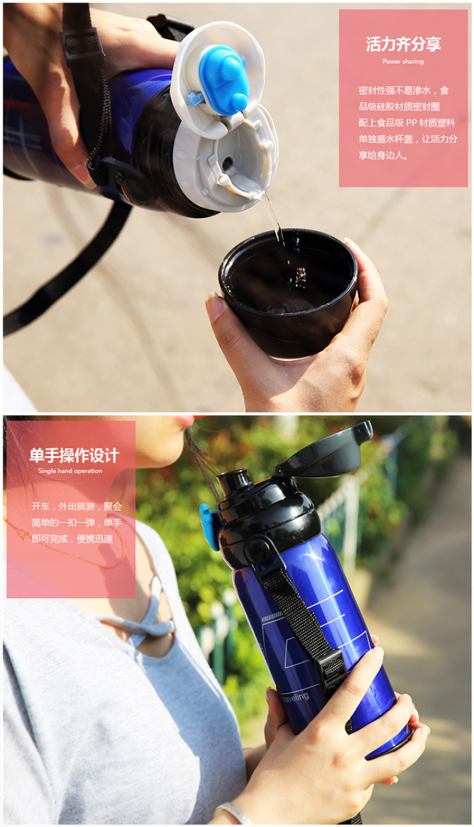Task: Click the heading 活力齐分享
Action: pyautogui.click(x=403, y=44)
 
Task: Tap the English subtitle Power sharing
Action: pyautogui.click(x=403, y=61)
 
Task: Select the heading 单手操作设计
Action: pyautogui.click(x=74, y=455)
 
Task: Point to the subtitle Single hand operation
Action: pyautogui.click(x=70, y=471)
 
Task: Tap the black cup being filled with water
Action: pyautogui.click(x=289, y=293)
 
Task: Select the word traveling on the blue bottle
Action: pyautogui.click(x=295, y=697)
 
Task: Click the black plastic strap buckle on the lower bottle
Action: pyautogui.click(x=333, y=668)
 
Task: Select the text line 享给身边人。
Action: pyautogui.click(x=383, y=155)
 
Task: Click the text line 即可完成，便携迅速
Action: pyautogui.click(x=72, y=539)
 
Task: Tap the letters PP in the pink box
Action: pyautogui.click(x=411, y=123)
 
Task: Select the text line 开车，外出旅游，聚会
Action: pyautogui.click(x=76, y=506)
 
